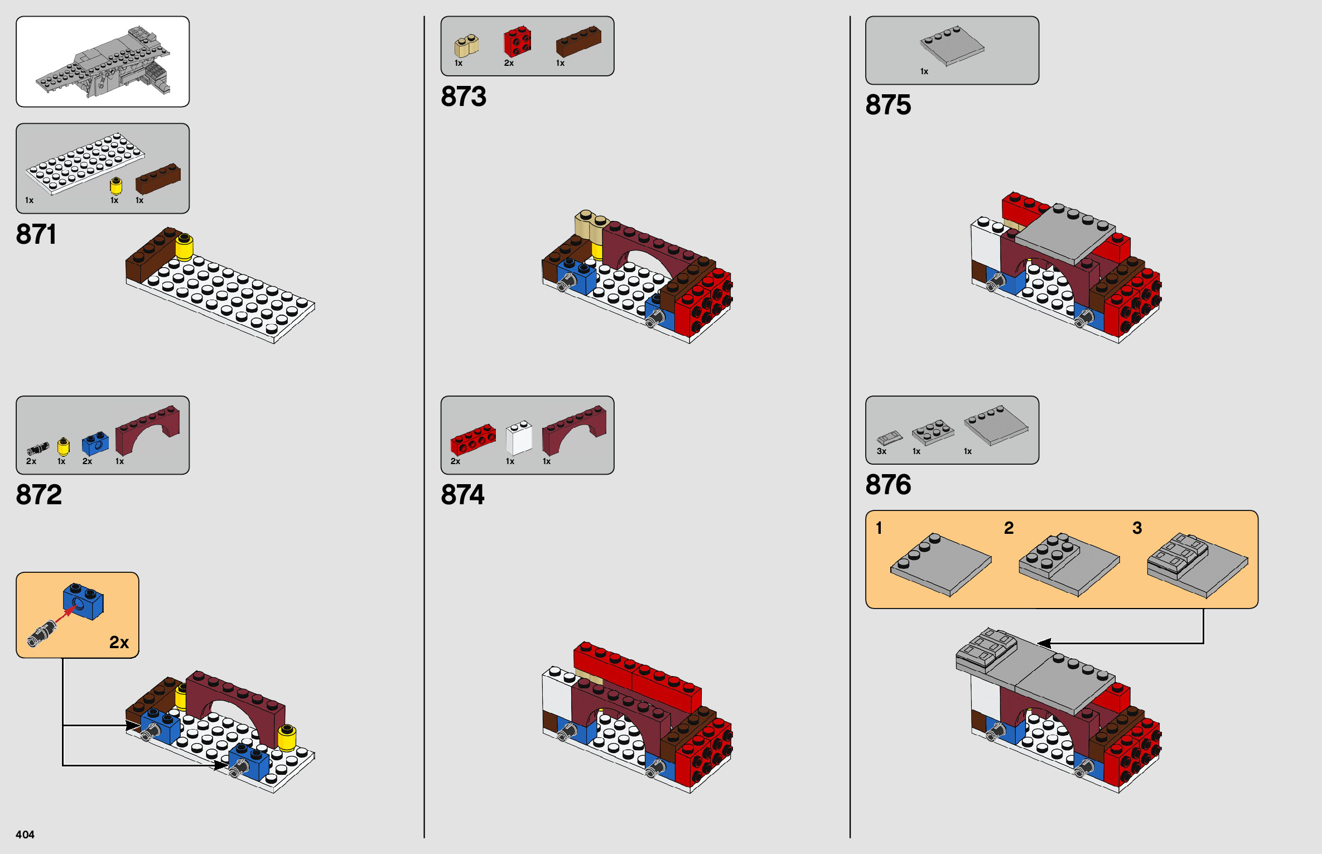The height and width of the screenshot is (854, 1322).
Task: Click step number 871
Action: pos(36,234)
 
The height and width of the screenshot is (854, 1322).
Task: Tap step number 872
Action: pos(38,495)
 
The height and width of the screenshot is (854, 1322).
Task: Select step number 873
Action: pos(464,97)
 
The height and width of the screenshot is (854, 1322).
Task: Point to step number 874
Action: pos(462,495)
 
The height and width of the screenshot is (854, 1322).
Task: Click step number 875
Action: pos(888,105)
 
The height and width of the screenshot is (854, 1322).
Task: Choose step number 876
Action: pos(888,485)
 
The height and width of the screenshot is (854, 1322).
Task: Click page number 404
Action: pos(25,834)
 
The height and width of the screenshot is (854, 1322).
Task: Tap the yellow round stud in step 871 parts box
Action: pos(116,185)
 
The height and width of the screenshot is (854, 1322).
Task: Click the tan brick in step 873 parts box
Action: pos(466,46)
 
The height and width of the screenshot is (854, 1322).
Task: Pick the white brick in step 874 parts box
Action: pos(519,438)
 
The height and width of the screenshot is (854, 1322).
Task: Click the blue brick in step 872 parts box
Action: pos(95,443)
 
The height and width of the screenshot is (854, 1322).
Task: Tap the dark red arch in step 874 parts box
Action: pos(574,430)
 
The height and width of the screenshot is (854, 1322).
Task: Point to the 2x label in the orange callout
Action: pos(119,643)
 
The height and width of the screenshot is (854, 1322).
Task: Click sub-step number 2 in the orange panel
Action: pos(1009,528)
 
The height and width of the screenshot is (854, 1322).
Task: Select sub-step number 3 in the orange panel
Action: pos(1137,528)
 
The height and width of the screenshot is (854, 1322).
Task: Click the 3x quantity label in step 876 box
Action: pos(881,451)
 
